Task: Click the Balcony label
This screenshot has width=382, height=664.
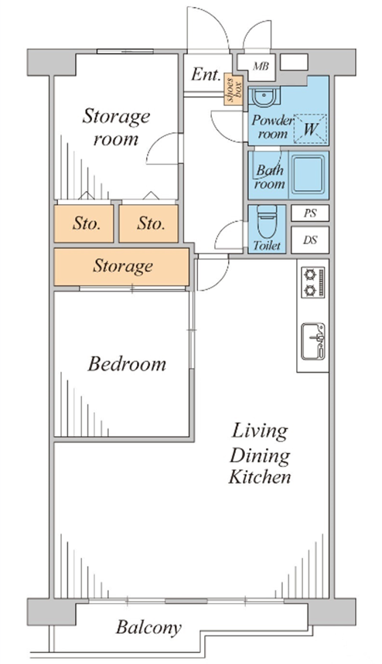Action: click(148, 628)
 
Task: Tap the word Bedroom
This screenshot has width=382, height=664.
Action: click(127, 364)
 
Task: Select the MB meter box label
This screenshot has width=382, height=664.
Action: click(261, 66)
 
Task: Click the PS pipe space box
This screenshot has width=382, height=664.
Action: click(310, 213)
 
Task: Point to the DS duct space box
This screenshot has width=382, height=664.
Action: click(310, 240)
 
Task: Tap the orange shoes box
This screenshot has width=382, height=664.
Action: click(234, 90)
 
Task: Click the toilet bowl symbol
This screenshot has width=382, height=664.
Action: click(267, 223)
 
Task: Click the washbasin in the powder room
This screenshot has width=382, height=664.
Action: click(264, 97)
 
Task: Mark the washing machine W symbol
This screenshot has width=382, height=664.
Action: click(310, 129)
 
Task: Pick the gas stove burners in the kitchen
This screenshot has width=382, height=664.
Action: click(312, 282)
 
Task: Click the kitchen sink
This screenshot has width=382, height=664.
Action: click(313, 342)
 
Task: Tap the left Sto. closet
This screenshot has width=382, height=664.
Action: click(84, 223)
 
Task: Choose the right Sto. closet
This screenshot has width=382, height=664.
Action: click(148, 223)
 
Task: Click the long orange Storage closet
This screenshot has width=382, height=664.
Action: click(121, 267)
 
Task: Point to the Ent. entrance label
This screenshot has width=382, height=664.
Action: click(206, 74)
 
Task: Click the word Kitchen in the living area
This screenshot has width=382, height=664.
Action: click(260, 477)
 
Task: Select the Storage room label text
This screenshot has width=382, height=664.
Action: click(116, 127)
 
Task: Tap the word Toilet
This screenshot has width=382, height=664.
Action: click(267, 246)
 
